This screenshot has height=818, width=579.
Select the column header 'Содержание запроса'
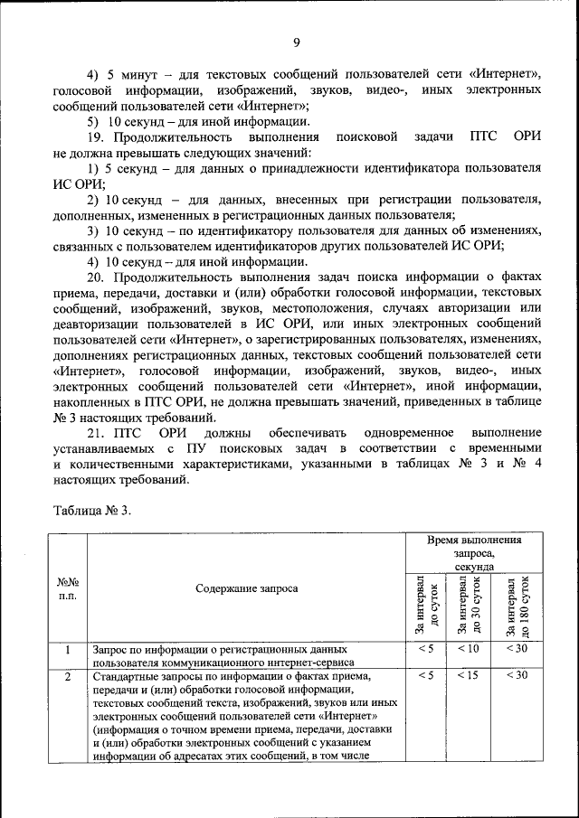[246, 588]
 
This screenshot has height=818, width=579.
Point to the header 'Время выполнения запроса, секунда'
[474, 552]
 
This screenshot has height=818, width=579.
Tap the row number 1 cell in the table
[67, 649]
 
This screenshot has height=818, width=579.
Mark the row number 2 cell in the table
[67, 675]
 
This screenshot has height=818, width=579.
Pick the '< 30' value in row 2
[517, 675]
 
